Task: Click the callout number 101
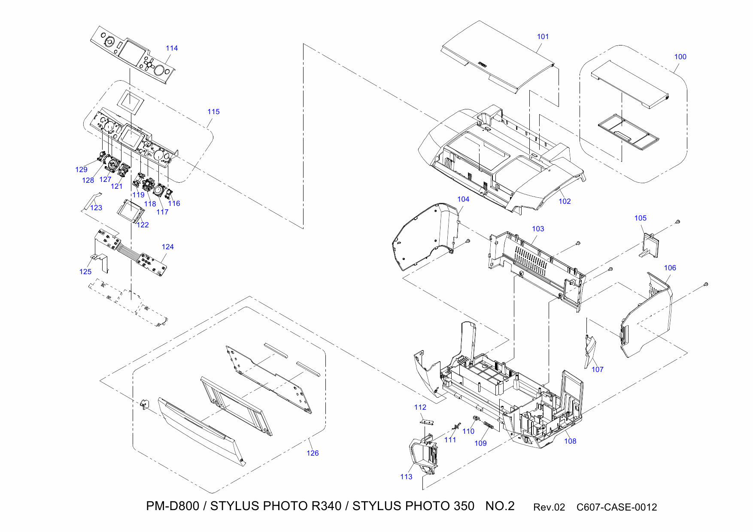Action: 543,37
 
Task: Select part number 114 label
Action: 172,48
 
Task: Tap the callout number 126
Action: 313,453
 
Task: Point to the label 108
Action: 570,441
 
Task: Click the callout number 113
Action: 406,477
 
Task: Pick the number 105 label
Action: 640,218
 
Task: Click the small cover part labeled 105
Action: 650,246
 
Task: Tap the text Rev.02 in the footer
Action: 549,508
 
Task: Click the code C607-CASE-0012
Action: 616,508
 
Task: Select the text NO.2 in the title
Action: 500,506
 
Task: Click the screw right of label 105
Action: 678,222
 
